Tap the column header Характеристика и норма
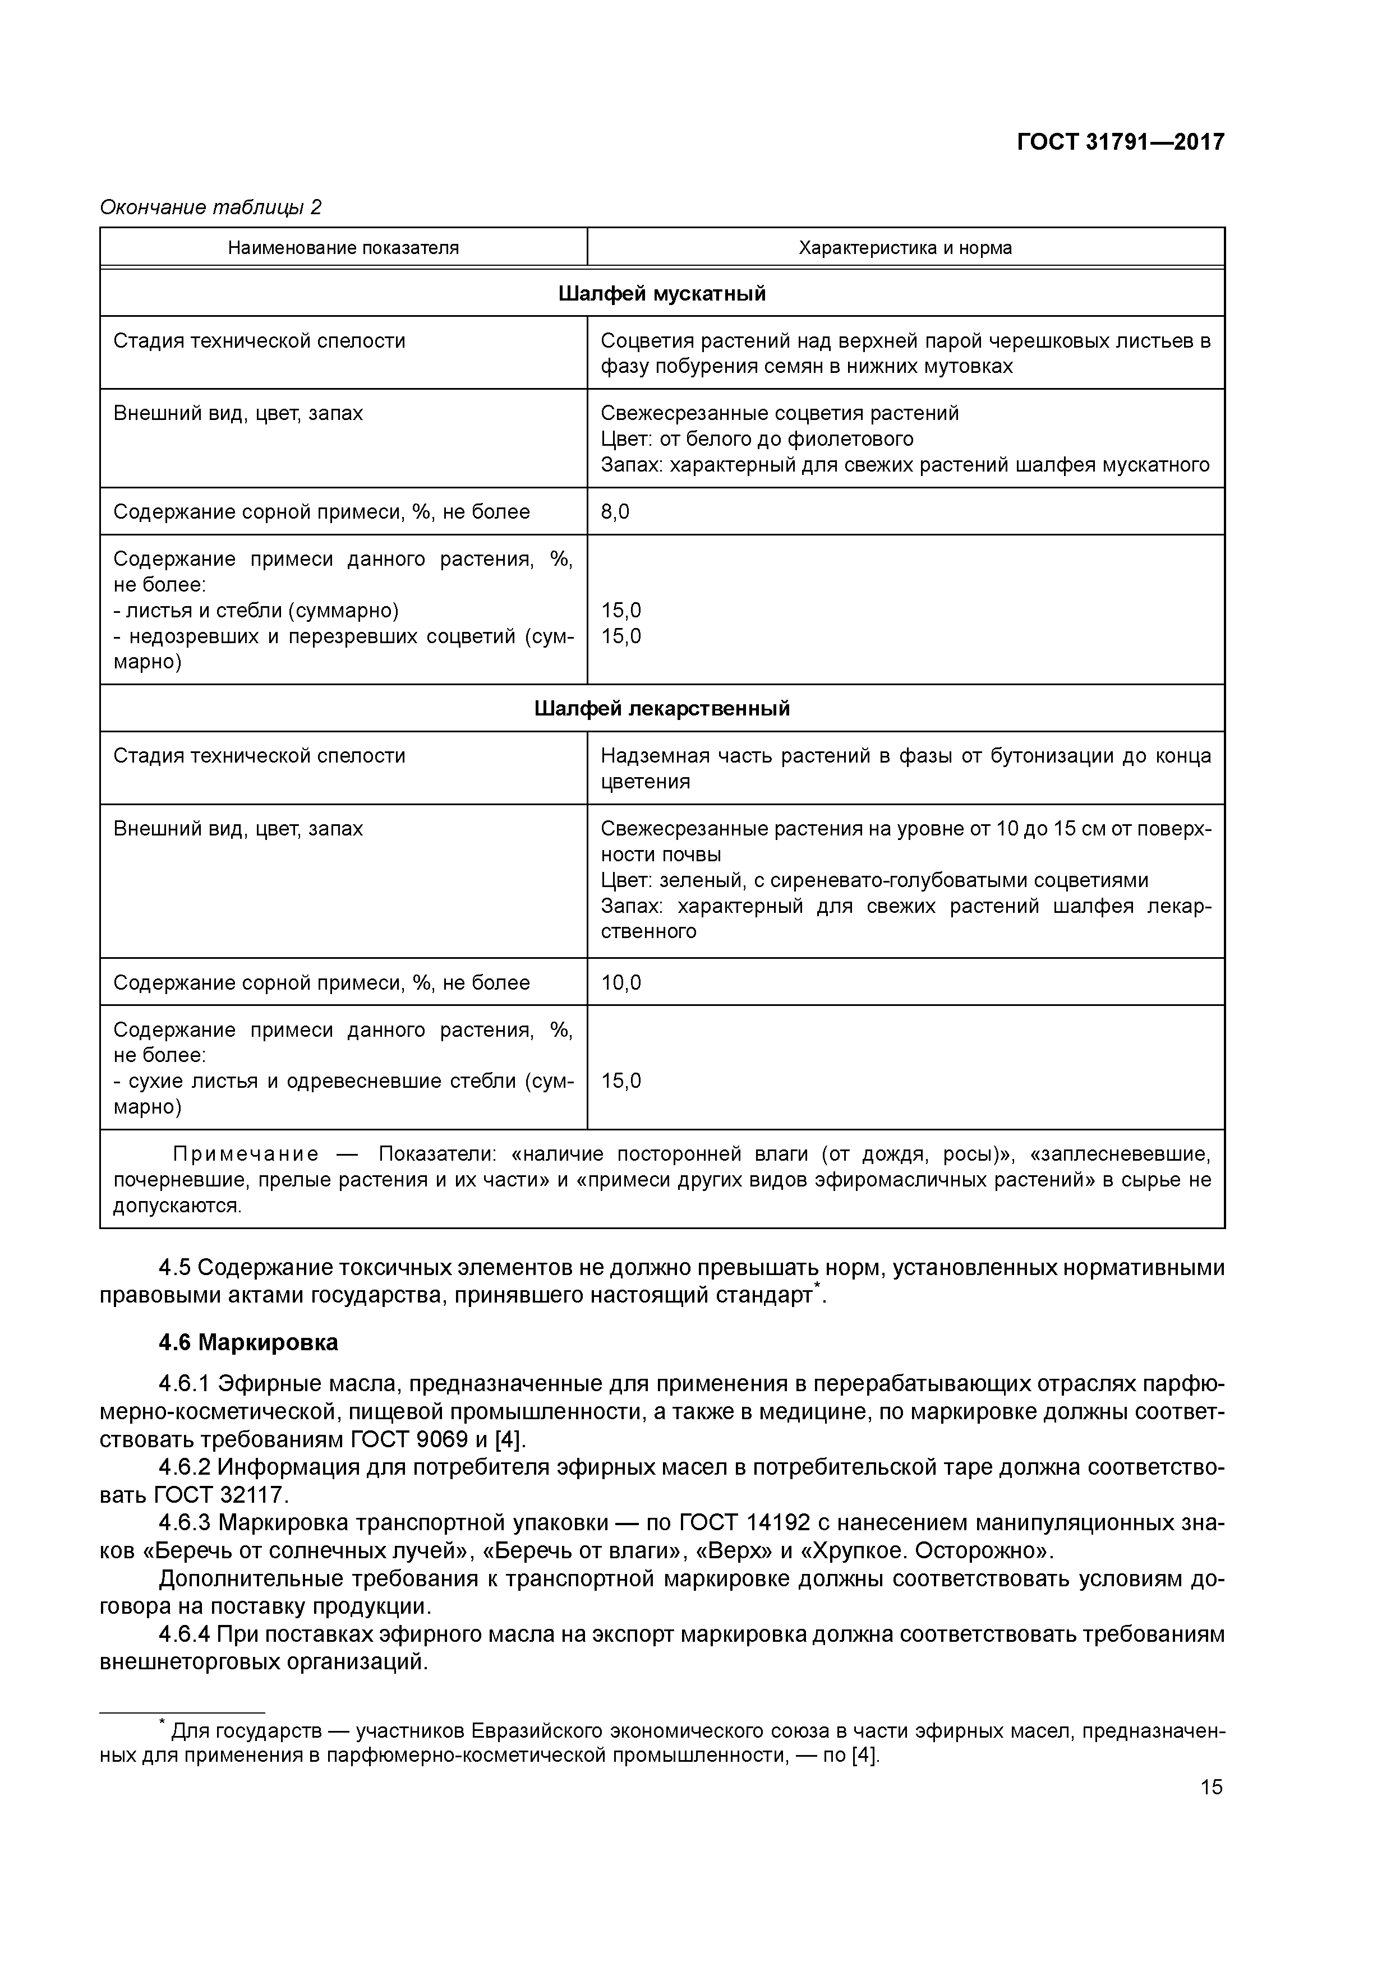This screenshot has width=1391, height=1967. pyautogui.click(x=905, y=248)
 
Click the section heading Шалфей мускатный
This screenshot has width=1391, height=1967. pyautogui.click(x=662, y=294)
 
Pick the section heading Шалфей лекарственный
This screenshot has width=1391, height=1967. pyautogui.click(x=662, y=709)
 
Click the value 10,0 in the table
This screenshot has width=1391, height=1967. pyautogui.click(x=620, y=982)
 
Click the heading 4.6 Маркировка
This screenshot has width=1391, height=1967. pyautogui.click(x=248, y=1342)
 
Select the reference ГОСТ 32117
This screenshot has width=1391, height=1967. pyautogui.click(x=220, y=1495)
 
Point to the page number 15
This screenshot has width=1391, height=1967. pyautogui.click(x=1211, y=1787)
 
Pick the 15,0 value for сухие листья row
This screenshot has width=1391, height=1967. pyautogui.click(x=620, y=1081)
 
